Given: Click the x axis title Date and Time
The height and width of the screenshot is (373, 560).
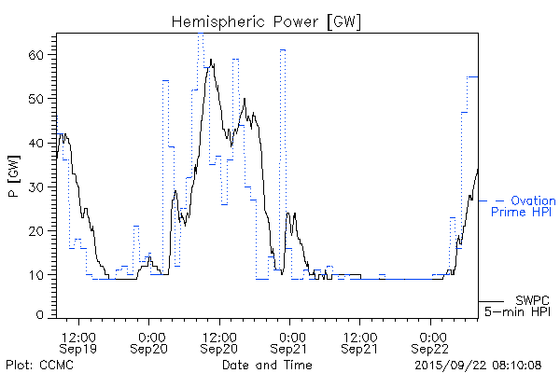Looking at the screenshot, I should coord(266,364).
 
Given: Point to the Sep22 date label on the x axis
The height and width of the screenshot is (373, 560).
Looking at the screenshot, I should coord(431,348).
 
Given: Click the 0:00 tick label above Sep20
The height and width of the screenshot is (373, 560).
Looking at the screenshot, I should coord(149,334).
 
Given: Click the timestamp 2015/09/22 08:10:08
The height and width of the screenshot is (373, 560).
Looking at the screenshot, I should coord(479,364).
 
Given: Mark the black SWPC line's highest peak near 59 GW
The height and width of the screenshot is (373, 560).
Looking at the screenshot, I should coord(212,60).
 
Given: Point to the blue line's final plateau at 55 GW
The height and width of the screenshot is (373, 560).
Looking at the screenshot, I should coord(472,76).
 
